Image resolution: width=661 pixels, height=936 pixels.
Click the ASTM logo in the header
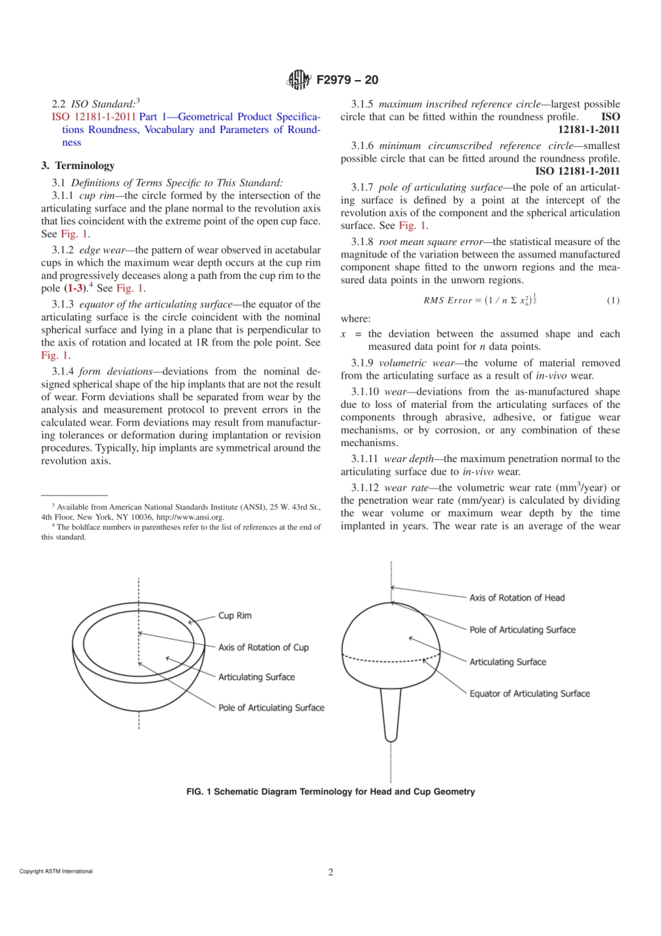click(298, 80)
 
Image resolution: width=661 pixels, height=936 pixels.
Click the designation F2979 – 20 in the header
click(347, 80)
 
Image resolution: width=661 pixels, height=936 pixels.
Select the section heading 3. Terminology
click(78, 166)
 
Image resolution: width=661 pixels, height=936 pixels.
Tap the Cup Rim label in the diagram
click(234, 616)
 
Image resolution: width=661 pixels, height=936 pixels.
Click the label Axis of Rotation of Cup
click(263, 647)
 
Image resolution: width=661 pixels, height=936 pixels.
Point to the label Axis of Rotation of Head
click(516, 598)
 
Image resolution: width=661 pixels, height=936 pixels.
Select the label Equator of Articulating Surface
click(529, 694)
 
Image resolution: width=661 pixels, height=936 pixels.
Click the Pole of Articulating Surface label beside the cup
click(271, 708)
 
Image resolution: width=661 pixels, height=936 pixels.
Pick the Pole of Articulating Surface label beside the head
click(522, 630)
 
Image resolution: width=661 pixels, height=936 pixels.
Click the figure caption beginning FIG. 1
click(330, 792)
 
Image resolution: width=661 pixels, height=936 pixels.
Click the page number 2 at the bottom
click(330, 872)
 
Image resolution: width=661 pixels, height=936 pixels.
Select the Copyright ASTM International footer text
click(56, 871)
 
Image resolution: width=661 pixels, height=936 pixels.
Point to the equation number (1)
click(612, 301)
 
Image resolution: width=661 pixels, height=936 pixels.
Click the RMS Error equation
click(479, 301)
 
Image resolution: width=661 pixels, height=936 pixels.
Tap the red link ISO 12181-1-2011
click(93, 117)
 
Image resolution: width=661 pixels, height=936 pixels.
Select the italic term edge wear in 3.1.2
click(102, 250)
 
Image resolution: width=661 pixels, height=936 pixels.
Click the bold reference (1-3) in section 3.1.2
click(74, 288)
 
